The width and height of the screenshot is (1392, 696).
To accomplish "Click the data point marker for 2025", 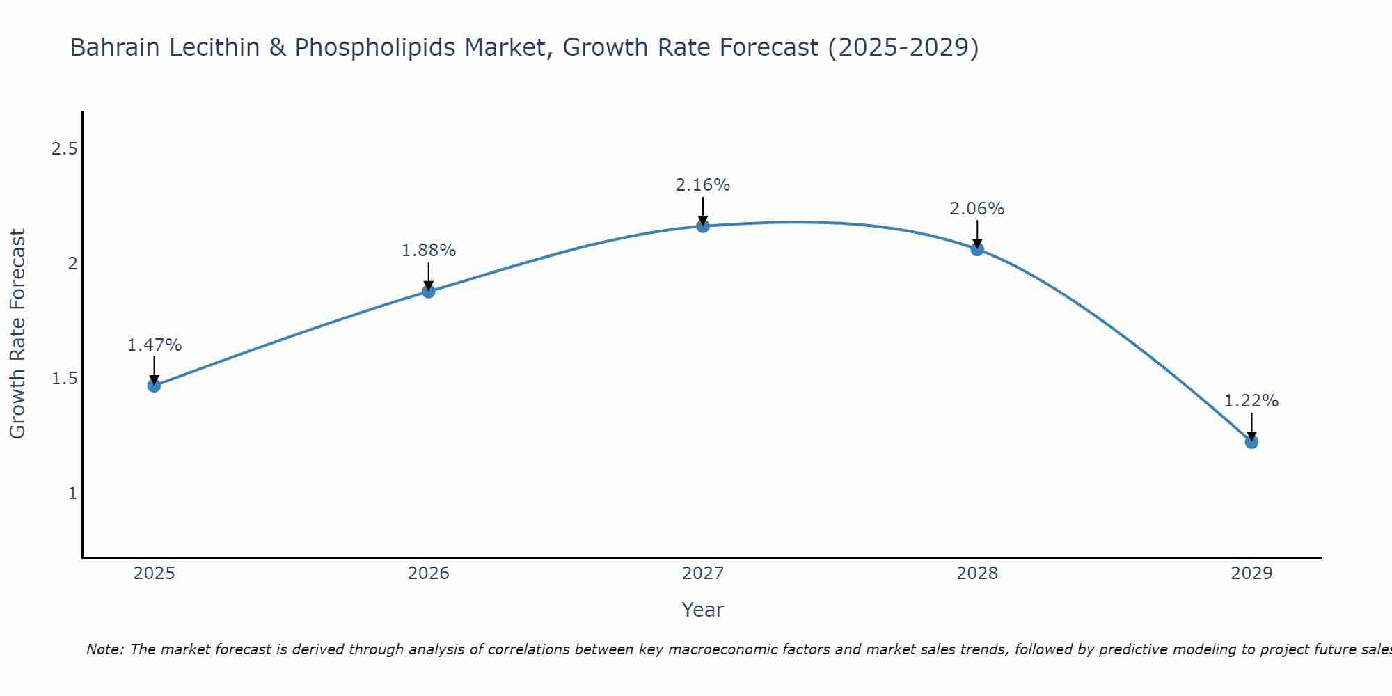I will [x=154, y=386].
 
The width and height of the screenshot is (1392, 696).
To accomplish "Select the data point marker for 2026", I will [x=429, y=292].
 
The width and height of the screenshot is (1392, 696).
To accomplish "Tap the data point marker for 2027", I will [x=703, y=226].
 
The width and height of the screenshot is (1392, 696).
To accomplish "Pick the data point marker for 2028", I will [x=977, y=249].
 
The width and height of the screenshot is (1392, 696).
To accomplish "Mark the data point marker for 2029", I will [x=1251, y=442].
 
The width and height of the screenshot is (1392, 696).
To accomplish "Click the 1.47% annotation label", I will [x=154, y=345].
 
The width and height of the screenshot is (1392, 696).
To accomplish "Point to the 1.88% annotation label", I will [x=429, y=251].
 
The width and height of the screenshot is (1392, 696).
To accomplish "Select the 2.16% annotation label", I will [x=703, y=185].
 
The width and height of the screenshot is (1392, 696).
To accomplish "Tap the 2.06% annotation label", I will [x=977, y=209].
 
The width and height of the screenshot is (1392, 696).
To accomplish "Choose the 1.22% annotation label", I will [x=1251, y=401].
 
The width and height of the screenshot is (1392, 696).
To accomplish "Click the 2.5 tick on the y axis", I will [x=64, y=149].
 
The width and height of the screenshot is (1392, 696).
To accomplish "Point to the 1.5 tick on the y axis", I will [x=64, y=379].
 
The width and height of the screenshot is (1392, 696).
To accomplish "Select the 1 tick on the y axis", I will [x=72, y=493].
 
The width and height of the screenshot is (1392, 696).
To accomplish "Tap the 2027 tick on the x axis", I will [x=703, y=574].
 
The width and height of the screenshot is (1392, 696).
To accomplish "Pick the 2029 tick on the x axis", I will [x=1251, y=574].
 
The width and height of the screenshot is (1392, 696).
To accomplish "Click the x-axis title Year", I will [x=703, y=610].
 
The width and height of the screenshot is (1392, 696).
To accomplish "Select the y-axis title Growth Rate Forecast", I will [x=17, y=334].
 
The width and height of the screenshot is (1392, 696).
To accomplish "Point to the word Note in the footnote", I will [x=104, y=649].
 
